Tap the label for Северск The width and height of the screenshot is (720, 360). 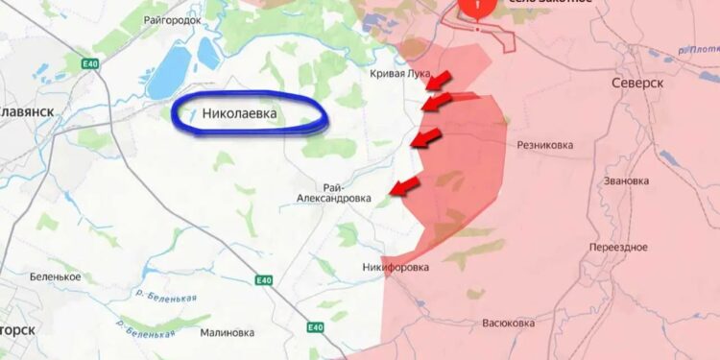coord(637,84)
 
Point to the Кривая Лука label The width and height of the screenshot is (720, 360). coord(400,73)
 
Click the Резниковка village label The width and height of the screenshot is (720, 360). coord(545,146)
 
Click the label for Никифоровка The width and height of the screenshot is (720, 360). coord(396,267)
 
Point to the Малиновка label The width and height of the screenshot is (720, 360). coord(228,333)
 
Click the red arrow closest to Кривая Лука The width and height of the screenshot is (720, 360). coord(442,77)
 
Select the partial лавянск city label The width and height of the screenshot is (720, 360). coord(26,111)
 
